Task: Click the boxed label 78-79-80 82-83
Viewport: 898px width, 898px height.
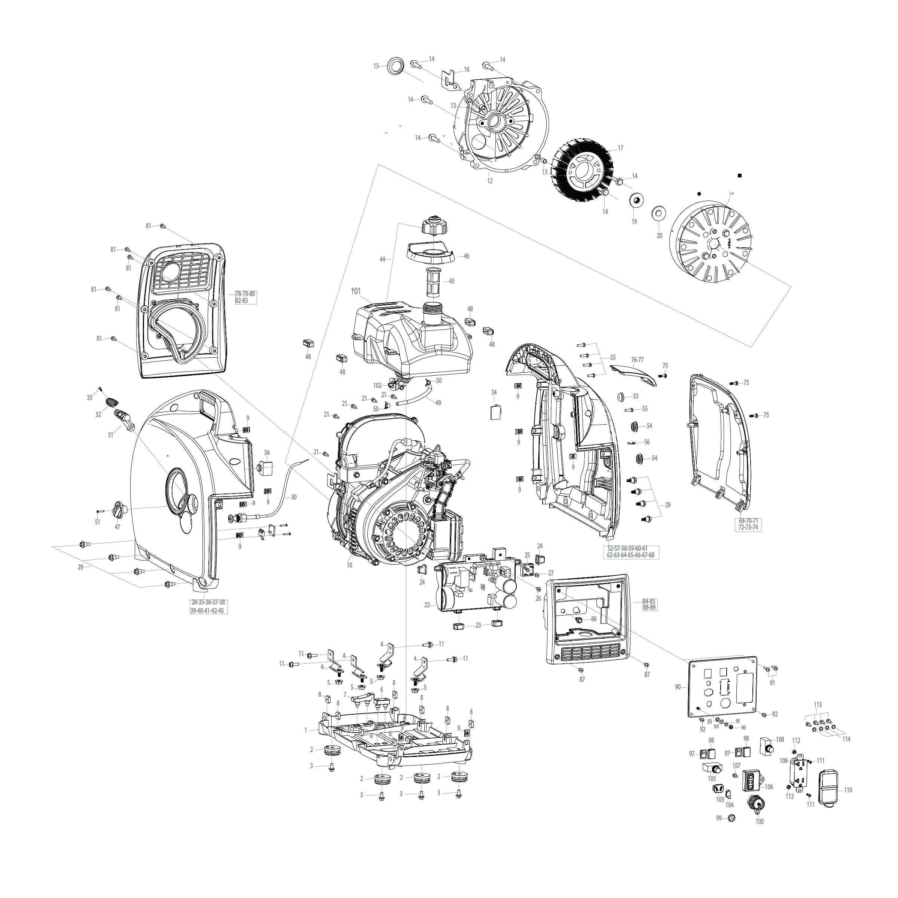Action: tap(245, 297)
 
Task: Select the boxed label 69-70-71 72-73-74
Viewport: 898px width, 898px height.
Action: tap(748, 524)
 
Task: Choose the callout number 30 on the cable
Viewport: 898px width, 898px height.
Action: tap(293, 497)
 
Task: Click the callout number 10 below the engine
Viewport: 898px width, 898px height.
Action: tap(349, 565)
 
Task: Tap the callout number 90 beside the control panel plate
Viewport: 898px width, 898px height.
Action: tap(678, 687)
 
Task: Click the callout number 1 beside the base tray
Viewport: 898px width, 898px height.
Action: tap(306, 730)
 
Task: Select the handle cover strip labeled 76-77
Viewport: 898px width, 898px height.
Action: tap(633, 373)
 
